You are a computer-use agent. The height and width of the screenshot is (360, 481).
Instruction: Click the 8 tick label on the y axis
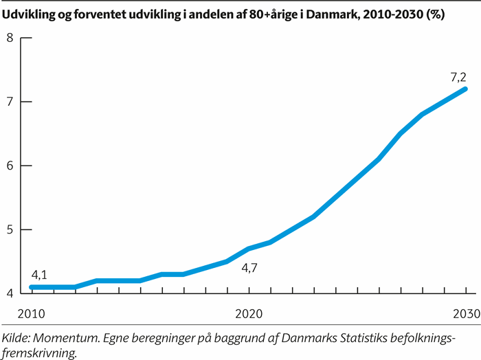pos(10,38)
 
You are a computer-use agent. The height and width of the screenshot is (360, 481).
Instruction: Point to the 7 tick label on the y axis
pos(10,102)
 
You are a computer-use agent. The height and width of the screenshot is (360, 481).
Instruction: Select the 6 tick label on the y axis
pos(10,166)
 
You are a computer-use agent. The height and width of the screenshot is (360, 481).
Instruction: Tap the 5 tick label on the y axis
pos(10,229)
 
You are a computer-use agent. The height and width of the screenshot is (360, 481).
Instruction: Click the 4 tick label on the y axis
pos(10,293)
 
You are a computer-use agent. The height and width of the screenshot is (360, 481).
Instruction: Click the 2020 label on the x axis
pos(247,313)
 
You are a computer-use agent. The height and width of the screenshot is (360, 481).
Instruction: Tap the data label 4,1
pos(39,275)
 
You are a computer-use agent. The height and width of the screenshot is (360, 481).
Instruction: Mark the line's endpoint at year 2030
pos(465,89)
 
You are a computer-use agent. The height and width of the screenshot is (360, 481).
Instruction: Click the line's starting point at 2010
pos(32,287)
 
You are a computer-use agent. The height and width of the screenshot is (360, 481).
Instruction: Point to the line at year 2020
pos(248,249)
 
